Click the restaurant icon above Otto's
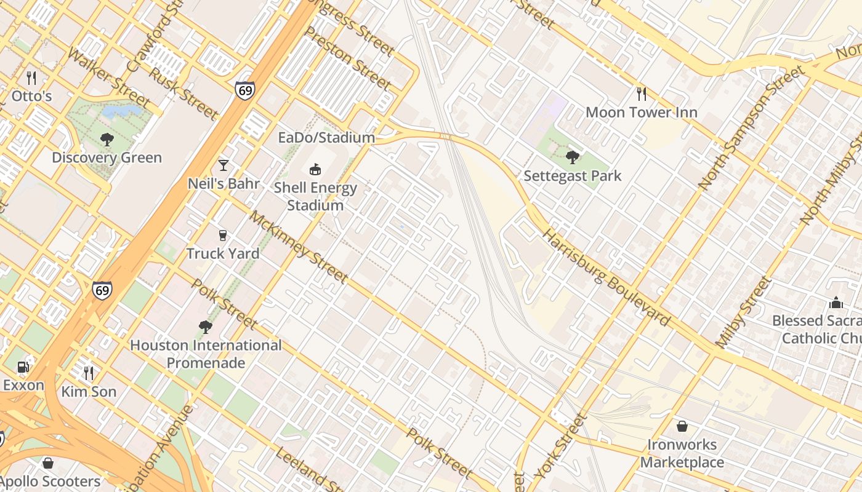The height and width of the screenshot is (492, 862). pos(31,78)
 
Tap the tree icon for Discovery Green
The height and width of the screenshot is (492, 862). pos(107,140)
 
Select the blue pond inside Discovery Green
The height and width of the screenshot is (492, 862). pos(121,111)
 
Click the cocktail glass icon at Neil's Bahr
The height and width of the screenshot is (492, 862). pos(224,165)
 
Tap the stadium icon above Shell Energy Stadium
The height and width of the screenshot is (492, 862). pos(315,169)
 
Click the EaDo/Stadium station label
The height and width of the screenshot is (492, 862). pos(326,138)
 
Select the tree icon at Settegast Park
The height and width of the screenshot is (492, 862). pos(573,157)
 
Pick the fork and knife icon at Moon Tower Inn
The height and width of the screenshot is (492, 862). pos(642,93)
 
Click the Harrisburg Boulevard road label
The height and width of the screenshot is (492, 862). pos(606,278)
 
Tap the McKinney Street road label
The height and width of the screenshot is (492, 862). pos(299,247)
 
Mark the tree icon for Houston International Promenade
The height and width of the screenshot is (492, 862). pos(206,327)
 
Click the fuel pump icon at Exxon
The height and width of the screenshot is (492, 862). pos(23,367)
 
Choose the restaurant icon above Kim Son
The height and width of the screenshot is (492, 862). pos(89,373)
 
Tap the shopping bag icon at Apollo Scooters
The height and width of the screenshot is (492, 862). pos(48,463)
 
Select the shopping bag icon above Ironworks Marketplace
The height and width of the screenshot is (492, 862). pos(682,426)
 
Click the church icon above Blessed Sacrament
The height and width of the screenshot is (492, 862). pos(836,303)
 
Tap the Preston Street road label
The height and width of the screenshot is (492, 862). pos(348,58)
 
